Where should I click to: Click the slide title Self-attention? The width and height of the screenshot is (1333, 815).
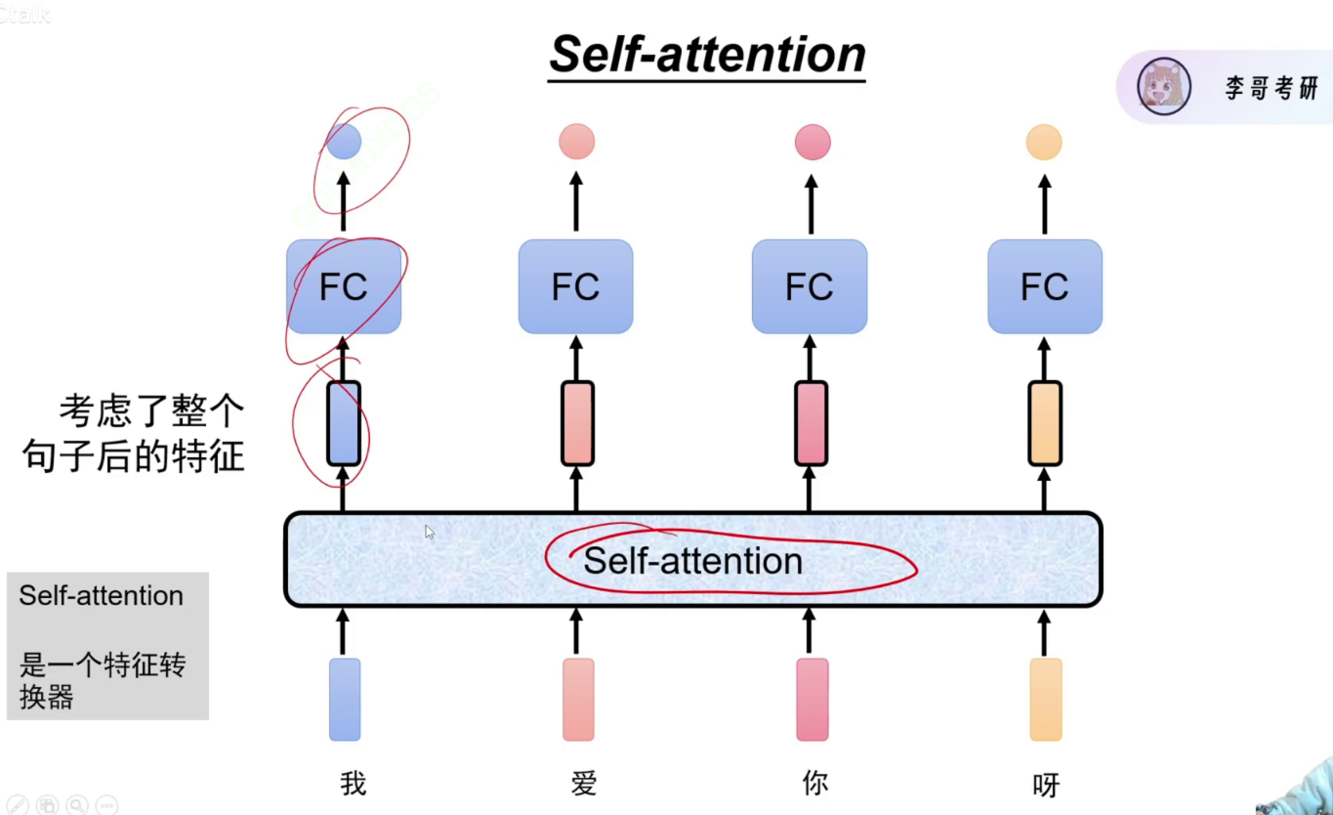(x=707, y=54)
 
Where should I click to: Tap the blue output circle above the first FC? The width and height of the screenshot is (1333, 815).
(x=344, y=141)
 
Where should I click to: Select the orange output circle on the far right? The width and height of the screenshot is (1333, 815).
(x=1044, y=142)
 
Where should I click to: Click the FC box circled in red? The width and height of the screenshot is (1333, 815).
(x=344, y=286)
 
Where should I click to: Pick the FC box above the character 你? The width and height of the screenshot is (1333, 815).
(x=810, y=286)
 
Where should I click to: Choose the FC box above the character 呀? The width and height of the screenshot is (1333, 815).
(x=1045, y=286)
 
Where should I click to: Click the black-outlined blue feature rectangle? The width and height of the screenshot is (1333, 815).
(x=344, y=423)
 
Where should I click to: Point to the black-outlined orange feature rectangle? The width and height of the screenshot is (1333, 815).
(x=1045, y=423)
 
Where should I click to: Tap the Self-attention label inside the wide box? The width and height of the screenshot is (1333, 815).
(x=693, y=561)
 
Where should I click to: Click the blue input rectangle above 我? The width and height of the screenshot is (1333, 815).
(x=345, y=700)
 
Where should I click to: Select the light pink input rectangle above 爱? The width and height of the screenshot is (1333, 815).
(x=578, y=700)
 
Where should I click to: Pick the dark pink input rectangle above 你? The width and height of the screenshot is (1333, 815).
(x=812, y=700)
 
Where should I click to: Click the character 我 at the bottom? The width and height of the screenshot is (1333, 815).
(x=354, y=784)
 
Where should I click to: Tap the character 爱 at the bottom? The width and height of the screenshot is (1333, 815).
(x=584, y=784)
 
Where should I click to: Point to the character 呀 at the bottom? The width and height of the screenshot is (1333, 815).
(x=1046, y=785)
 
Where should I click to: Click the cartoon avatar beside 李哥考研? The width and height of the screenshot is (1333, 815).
(x=1164, y=86)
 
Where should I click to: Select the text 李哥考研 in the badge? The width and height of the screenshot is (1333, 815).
(x=1271, y=88)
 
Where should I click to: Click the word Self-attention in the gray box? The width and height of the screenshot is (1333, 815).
(x=102, y=595)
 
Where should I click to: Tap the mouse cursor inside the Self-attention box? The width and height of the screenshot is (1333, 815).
(x=429, y=532)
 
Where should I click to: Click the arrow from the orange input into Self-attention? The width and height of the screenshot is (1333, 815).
(x=1044, y=633)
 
